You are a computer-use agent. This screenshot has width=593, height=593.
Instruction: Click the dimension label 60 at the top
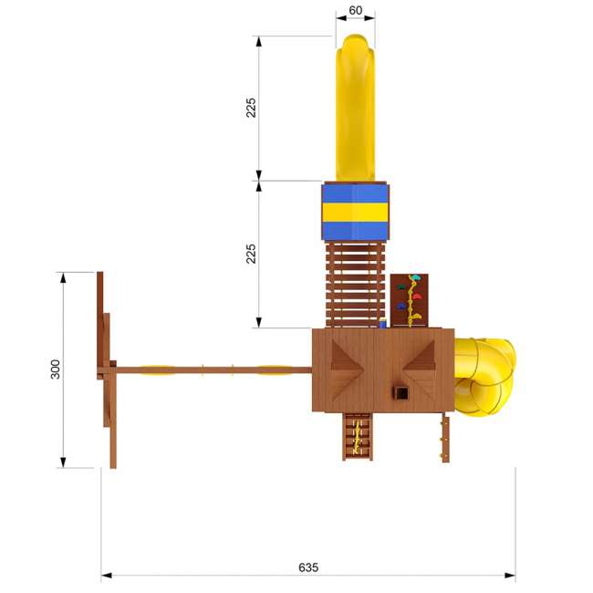coord(355,10)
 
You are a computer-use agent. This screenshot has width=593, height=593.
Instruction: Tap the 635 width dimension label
coord(308,567)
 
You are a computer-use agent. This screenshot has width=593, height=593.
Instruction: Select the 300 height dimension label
coord(56,369)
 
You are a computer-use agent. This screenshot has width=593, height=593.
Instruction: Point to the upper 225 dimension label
coord(251,108)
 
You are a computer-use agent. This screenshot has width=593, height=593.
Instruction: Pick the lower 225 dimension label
coord(251,254)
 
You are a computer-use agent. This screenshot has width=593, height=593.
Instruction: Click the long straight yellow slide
coord(355,108)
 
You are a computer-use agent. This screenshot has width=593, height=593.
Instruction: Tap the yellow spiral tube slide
coord(484,376)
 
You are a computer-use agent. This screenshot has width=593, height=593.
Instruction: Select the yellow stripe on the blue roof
coord(355,213)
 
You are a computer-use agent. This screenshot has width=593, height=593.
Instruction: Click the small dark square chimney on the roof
coord(401,393)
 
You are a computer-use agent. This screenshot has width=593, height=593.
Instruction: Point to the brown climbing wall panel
coord(410,301)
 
